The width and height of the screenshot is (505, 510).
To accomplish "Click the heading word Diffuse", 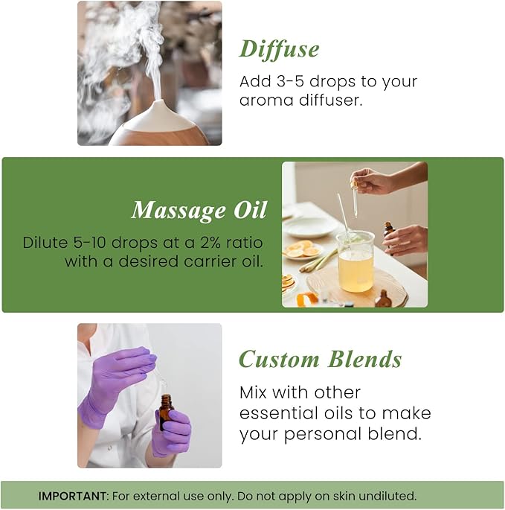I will coord(279,49).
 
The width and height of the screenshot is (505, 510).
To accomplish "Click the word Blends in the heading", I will coord(365,359).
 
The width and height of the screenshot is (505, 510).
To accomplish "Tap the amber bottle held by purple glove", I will coord(165,412).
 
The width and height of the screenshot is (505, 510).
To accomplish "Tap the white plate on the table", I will coord(309,226).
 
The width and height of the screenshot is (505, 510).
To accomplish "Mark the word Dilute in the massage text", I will coord(43,243).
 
